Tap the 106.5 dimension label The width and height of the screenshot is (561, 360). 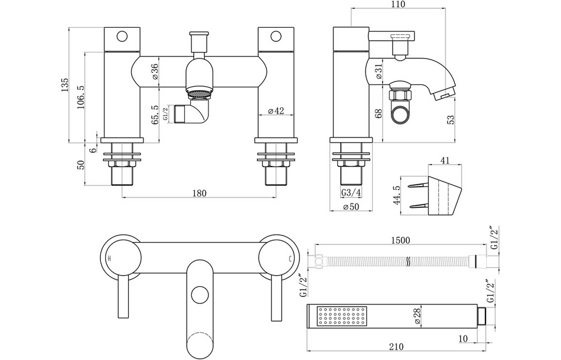pos(80,96)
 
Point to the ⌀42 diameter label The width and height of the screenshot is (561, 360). pos(276,110)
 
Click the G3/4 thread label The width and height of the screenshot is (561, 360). pos(351,193)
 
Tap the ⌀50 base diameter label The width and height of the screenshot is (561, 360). pos(351,207)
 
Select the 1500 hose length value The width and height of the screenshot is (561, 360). pos(400,240)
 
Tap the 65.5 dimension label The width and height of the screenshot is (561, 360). pos(155,115)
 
